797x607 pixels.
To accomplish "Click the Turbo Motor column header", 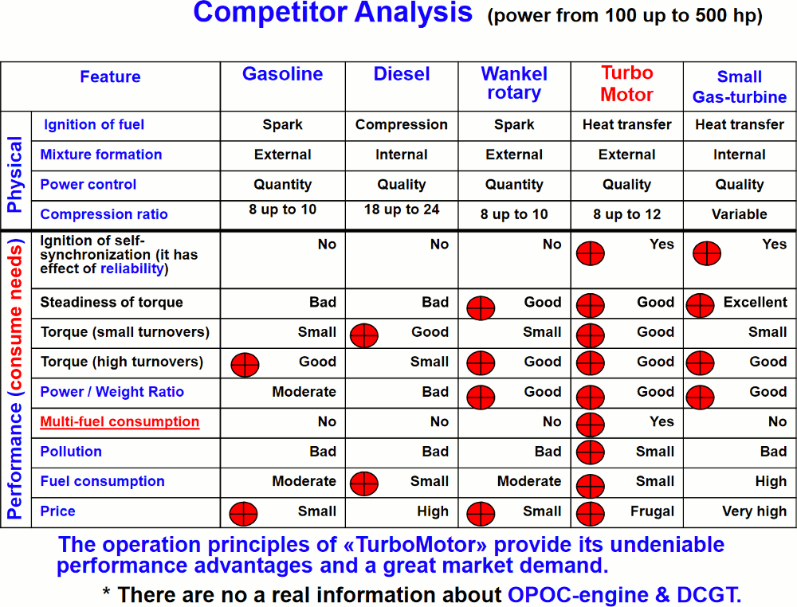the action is pyautogui.click(x=626, y=84).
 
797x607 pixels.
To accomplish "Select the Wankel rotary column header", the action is pyautogui.click(x=514, y=84).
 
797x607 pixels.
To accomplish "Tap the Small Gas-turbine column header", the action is pyautogui.click(x=740, y=86).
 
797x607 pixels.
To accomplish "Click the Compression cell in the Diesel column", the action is pyautogui.click(x=402, y=124).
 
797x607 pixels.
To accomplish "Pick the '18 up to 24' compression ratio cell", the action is pyautogui.click(x=402, y=210).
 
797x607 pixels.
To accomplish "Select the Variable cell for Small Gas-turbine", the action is pyautogui.click(x=740, y=213).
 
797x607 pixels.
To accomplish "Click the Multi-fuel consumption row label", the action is pyautogui.click(x=120, y=421).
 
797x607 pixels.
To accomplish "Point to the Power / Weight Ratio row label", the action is pyautogui.click(x=112, y=392).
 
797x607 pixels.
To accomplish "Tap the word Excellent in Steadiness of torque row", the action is pyautogui.click(x=756, y=302).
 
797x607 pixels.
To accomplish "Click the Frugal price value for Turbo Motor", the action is pyautogui.click(x=652, y=511).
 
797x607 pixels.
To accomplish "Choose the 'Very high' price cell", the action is pyautogui.click(x=754, y=511).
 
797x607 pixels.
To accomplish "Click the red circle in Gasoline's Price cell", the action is pyautogui.click(x=243, y=514).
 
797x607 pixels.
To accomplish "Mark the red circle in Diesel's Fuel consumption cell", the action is pyautogui.click(x=364, y=484).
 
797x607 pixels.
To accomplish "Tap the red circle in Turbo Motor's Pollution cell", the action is pyautogui.click(x=590, y=452).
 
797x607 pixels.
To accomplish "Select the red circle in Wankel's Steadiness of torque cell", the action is pyautogui.click(x=481, y=307).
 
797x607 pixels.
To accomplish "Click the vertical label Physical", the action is pyautogui.click(x=14, y=174).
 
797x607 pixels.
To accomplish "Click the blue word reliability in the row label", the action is pyautogui.click(x=132, y=268).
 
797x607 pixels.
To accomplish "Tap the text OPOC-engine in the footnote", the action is pyautogui.click(x=578, y=594).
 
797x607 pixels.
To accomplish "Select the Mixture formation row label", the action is pyautogui.click(x=101, y=155).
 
